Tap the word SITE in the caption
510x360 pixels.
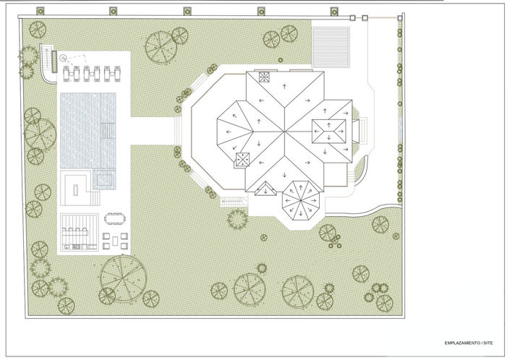pos(488,343)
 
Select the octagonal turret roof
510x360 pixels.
pos(301,201)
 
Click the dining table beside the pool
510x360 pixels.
pos(114,218)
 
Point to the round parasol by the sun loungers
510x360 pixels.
pos(63,59)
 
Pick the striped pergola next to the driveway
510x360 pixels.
pos(331,48)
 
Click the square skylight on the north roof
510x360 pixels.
pos(264,77)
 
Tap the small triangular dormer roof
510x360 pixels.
pos(265,189)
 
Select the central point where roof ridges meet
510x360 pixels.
pos(284,132)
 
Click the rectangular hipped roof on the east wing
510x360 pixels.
pos(329,132)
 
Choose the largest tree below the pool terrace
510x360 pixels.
pos(123,278)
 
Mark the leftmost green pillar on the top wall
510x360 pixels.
pos(41,12)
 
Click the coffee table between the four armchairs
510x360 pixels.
pos(115,241)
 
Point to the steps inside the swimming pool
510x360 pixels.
pos(108,130)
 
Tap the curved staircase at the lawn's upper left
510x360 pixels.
pos(48,64)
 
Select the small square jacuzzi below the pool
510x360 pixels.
pos(104,180)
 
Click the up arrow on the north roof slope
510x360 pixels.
pos(284,87)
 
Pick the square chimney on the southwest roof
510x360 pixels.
pos(242,160)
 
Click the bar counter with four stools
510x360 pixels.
pos(75,231)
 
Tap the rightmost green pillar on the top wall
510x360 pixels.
pos(334,12)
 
